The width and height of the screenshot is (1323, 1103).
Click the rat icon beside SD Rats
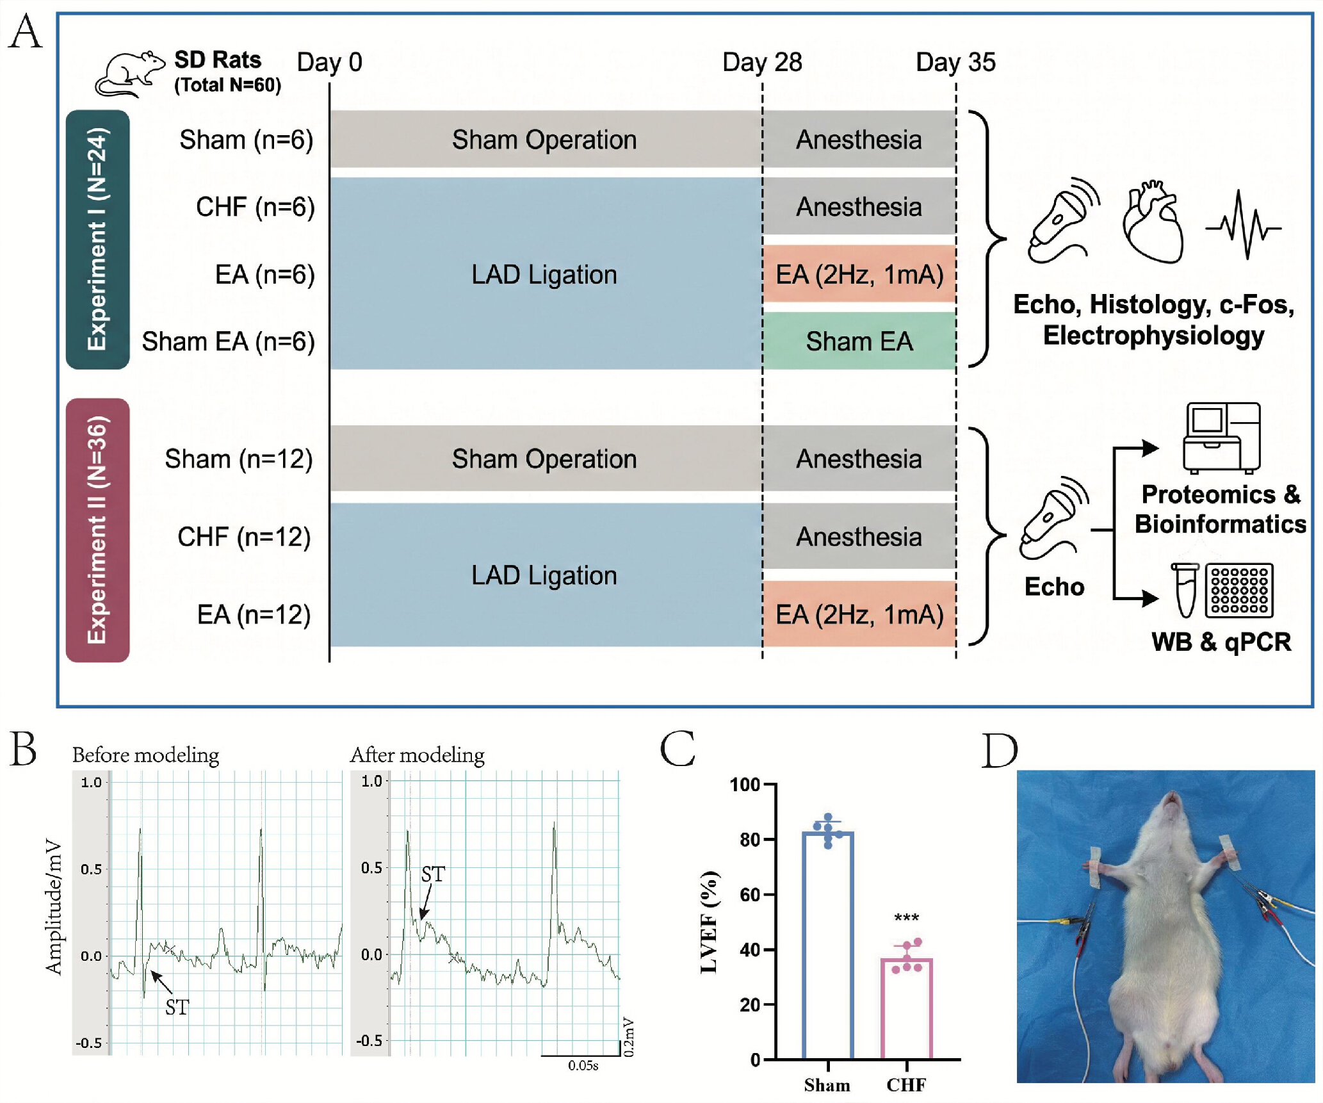click(130, 74)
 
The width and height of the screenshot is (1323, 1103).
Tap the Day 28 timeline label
click(762, 62)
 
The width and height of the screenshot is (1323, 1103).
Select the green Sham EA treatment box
click(859, 341)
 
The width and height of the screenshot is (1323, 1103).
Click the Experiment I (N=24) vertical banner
click(98, 239)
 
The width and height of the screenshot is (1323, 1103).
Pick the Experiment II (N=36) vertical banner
click(98, 530)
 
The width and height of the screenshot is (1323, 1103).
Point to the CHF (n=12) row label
click(245, 537)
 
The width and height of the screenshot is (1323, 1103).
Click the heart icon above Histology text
click(1153, 222)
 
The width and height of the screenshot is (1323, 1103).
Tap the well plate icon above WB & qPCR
click(1239, 590)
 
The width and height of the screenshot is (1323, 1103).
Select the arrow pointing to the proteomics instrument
click(1136, 448)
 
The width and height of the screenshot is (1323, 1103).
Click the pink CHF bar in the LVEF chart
click(906, 1008)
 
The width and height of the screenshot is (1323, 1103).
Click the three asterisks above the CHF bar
click(906, 919)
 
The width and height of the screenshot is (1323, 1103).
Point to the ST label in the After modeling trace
click(433, 874)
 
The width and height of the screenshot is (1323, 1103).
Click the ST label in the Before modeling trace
click(177, 1008)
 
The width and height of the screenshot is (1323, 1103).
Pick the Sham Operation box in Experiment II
click(544, 459)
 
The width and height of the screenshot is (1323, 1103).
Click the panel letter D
click(1000, 750)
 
